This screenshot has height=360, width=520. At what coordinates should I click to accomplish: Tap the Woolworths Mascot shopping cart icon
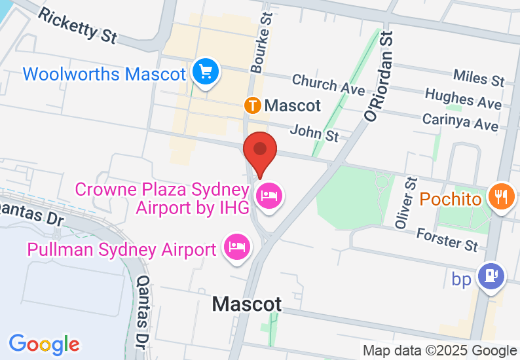(206, 72)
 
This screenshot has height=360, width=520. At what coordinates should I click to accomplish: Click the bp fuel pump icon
(490, 276)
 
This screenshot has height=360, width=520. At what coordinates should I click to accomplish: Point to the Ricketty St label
(77, 25)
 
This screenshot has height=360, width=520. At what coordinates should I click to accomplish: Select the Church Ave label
(324, 83)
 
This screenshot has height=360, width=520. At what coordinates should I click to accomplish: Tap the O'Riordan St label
(381, 75)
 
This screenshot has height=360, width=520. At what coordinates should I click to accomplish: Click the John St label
(315, 132)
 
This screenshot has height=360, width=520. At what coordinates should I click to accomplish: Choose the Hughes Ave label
(463, 99)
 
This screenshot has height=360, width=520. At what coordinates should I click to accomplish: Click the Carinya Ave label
(460, 120)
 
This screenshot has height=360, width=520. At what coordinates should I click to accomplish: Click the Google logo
(44, 344)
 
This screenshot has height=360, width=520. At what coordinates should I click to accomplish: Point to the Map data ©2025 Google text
(440, 351)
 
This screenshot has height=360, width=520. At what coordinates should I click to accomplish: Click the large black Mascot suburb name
(247, 304)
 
